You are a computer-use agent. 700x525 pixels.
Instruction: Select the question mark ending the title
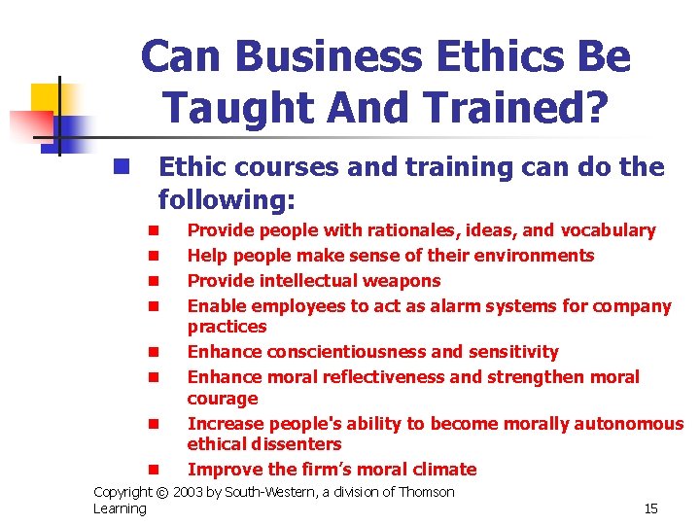pos(596,108)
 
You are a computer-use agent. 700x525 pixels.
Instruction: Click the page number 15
pos(651,508)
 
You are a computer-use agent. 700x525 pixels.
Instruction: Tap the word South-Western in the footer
pos(274,492)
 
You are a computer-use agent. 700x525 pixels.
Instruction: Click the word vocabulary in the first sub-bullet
pos(608,230)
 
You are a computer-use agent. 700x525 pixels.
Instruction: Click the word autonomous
pos(629,423)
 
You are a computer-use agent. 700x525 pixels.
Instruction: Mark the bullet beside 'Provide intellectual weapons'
pos(153,282)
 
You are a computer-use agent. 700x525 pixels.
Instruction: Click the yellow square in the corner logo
pos(46,98)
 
